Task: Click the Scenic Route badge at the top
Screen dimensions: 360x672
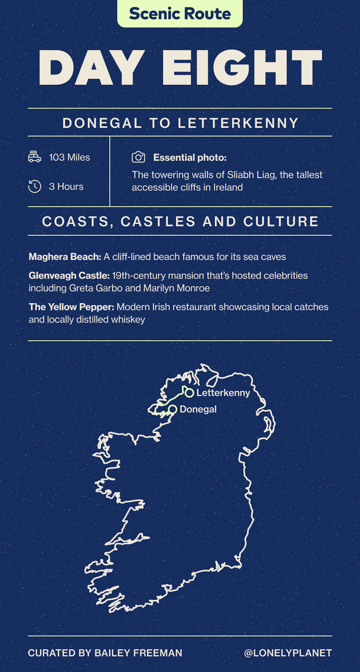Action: point(180,14)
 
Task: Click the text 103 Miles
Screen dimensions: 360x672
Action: point(69,157)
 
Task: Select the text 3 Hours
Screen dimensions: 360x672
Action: point(66,187)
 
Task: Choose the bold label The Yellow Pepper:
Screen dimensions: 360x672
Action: point(71,307)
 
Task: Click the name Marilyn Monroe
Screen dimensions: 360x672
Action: point(176,288)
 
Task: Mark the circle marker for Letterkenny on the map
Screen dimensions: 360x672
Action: point(190,393)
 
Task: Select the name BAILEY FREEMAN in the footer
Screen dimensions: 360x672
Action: point(138,653)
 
